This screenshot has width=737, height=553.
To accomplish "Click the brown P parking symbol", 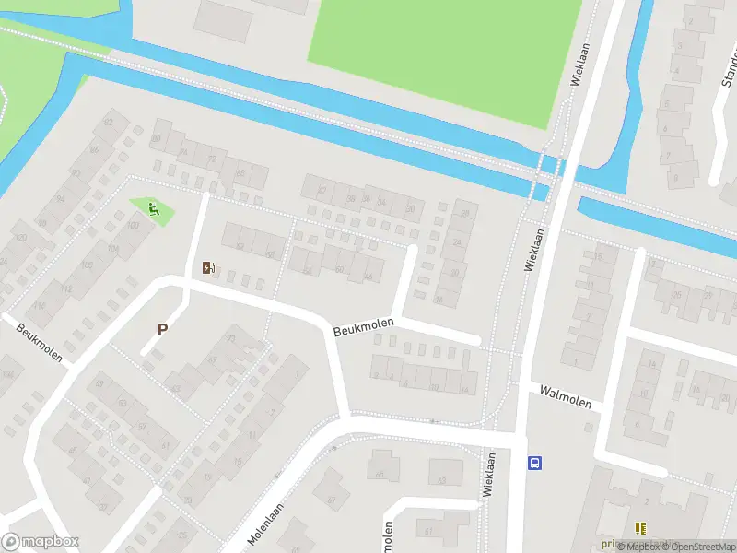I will [163, 329].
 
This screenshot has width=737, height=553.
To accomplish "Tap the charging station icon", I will [209, 268].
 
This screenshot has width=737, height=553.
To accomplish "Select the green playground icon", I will [154, 210].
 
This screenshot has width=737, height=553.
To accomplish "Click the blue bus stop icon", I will [533, 463].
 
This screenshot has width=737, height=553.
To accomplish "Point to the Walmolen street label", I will [565, 397].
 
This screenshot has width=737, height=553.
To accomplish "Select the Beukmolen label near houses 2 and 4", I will [363, 326].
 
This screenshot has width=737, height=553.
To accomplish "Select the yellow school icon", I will [640, 528].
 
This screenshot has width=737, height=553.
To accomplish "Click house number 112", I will [66, 288].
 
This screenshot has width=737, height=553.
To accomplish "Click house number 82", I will [109, 123].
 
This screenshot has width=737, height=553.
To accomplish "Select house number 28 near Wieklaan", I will [464, 214].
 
